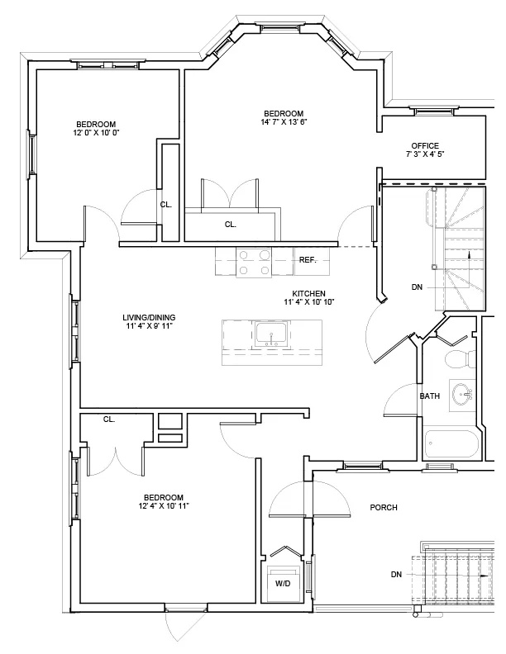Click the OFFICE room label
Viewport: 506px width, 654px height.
tap(425, 146)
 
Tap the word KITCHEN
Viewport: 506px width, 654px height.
tap(308, 293)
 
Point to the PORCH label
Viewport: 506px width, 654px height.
tap(384, 507)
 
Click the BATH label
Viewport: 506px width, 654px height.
tap(429, 396)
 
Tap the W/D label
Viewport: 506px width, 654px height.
tap(283, 583)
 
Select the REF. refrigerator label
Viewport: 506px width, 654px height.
tap(308, 260)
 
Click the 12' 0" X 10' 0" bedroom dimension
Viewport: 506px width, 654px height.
tap(96, 132)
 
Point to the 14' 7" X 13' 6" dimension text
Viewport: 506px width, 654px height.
tap(284, 122)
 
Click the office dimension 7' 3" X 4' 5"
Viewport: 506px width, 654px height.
tap(425, 154)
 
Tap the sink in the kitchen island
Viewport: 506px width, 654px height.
tap(271, 334)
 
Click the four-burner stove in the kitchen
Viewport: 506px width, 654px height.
tap(254, 262)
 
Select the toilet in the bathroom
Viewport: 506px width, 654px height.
tap(456, 359)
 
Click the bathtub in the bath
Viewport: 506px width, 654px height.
tap(451, 443)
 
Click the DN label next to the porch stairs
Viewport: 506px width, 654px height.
tap(397, 574)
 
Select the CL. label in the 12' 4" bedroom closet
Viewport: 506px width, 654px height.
tap(108, 419)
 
